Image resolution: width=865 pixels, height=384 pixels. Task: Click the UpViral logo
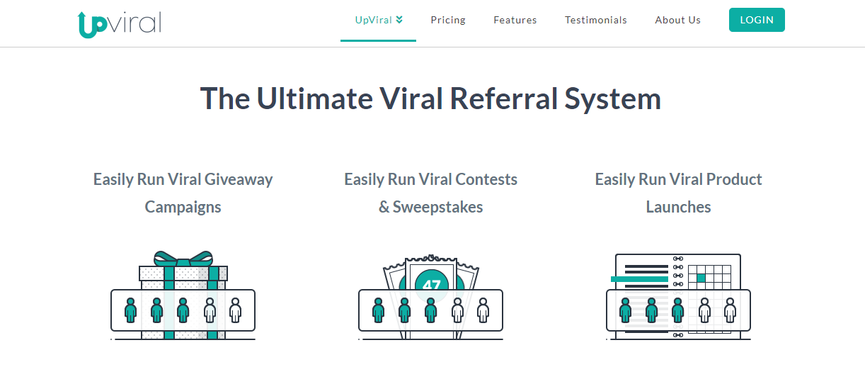click(119, 23)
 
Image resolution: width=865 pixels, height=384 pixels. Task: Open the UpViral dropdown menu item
click(378, 20)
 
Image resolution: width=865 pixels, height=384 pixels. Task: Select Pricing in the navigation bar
click(448, 20)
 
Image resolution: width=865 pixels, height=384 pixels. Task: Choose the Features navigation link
click(515, 20)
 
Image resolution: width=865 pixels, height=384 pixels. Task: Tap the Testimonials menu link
click(596, 20)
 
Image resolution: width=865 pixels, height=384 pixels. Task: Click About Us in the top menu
click(677, 20)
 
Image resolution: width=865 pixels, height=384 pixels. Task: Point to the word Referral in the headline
click(503, 98)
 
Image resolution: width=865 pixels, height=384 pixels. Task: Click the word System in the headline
click(613, 98)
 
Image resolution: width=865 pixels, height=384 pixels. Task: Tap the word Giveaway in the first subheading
click(239, 179)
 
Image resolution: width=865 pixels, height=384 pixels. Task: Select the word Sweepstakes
click(438, 207)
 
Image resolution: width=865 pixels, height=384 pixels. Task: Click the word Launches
click(678, 207)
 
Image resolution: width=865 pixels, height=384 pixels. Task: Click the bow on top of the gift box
click(183, 258)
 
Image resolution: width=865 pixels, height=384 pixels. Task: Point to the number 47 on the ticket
click(431, 285)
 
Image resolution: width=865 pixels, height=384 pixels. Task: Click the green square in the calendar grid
click(701, 278)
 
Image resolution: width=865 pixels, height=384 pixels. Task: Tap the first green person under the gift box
click(130, 310)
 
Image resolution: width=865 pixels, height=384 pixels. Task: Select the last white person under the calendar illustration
click(730, 310)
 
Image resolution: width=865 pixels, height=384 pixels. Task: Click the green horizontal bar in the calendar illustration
click(639, 279)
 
